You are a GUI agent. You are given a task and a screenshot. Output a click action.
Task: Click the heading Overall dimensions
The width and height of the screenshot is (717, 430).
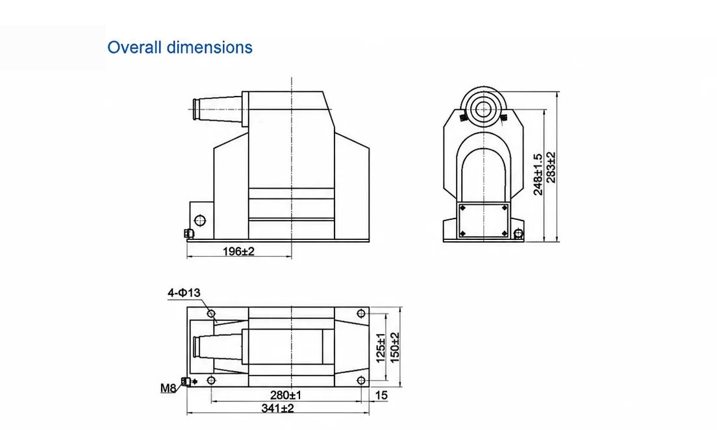coord(180,47)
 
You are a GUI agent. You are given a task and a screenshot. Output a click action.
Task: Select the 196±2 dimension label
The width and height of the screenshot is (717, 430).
coord(238,251)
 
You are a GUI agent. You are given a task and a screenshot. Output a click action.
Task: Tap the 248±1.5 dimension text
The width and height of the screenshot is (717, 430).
coord(538,174)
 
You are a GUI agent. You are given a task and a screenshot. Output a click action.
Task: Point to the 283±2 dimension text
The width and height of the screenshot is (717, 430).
coord(551,167)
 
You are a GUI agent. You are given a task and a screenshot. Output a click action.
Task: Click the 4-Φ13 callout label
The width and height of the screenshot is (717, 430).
coord(184,293)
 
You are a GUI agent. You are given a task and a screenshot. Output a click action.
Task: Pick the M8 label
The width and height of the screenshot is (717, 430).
coord(168,388)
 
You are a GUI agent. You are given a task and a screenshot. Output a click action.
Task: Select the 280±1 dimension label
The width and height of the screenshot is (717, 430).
coord(286,395)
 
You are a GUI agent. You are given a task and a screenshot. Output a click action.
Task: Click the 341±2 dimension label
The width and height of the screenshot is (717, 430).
coord(277,408)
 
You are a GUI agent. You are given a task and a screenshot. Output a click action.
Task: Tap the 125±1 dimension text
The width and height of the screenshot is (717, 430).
coord(381,348)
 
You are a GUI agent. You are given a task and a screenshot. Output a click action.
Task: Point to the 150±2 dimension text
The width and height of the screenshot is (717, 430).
coord(394,348)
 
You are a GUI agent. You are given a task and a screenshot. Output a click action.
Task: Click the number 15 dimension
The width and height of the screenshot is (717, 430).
coord(381,395)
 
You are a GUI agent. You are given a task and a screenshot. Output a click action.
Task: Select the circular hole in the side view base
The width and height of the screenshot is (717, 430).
coord(200,221)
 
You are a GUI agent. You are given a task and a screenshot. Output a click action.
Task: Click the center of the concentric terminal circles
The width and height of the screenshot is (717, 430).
coord(483,110)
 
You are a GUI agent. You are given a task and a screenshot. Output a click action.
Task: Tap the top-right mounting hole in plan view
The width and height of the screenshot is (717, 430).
coord(361,314)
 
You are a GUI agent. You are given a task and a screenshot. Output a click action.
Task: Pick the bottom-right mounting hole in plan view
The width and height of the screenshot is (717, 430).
coord(361,380)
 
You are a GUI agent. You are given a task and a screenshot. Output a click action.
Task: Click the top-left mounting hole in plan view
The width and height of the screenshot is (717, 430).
coord(211,314)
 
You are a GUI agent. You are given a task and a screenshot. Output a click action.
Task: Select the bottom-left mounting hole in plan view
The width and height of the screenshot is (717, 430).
coord(211,380)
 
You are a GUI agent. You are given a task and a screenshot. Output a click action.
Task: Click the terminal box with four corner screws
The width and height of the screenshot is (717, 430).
coord(483,221)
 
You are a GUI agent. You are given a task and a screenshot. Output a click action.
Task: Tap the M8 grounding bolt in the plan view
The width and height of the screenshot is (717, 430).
coord(186,381)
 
